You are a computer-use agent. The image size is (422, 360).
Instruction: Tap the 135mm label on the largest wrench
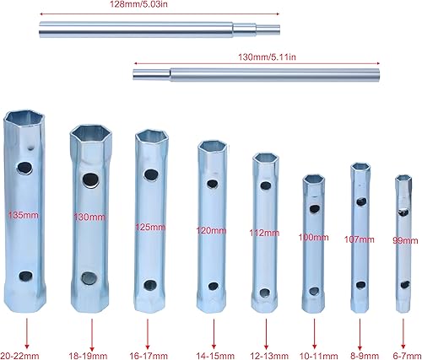(x=24, y=214)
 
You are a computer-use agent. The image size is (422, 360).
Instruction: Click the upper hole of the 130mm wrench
(x=89, y=180)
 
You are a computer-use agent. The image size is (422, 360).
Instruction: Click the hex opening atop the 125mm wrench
(x=150, y=136)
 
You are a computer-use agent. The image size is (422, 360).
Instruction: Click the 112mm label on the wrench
(x=264, y=233)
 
